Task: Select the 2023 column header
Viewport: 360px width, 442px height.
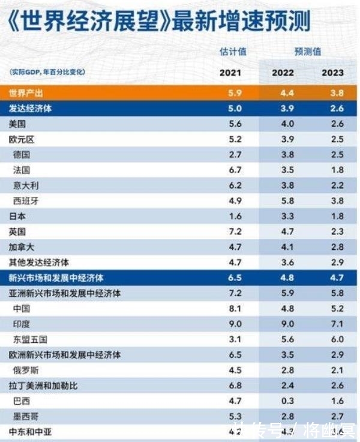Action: [332, 73]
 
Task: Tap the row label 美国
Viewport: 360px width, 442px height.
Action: [17, 124]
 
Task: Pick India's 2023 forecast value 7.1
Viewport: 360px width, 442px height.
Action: [337, 324]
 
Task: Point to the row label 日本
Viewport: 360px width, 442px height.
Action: [17, 216]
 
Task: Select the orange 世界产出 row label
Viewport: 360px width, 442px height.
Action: [27, 93]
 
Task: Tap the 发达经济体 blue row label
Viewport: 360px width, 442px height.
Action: [31, 109]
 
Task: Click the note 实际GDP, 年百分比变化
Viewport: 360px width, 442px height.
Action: [47, 72]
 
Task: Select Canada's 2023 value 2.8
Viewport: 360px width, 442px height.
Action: [337, 247]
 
